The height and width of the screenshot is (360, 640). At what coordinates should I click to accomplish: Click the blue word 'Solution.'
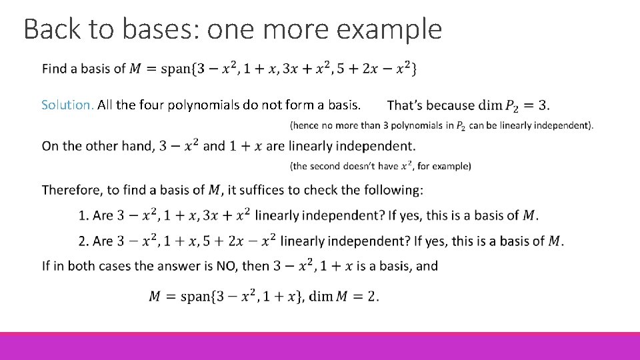click(x=67, y=105)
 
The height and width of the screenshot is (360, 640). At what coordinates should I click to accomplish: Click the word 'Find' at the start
click(x=54, y=69)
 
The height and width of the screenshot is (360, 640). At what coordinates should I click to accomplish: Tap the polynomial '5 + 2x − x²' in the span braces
click(x=380, y=68)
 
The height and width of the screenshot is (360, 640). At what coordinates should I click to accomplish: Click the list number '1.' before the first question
click(x=83, y=215)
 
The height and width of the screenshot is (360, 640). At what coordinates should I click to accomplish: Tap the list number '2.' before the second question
click(x=83, y=241)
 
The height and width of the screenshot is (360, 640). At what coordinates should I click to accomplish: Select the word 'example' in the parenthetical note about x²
click(x=453, y=166)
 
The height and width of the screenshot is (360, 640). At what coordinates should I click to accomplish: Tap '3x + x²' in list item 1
click(x=227, y=215)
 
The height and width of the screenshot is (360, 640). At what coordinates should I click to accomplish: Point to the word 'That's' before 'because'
click(x=404, y=105)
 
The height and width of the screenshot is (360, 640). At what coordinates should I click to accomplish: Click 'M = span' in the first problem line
click(x=158, y=69)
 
